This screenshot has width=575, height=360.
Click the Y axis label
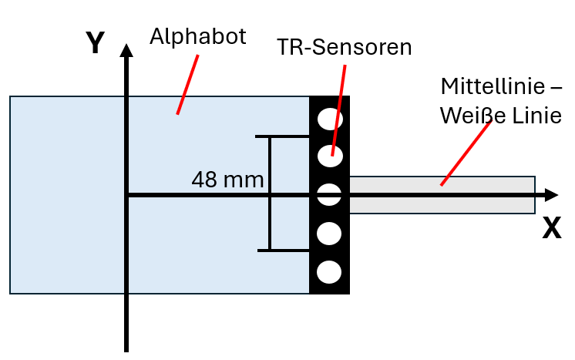[95, 43]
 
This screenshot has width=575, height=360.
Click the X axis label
[551, 227]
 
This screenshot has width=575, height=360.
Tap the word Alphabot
[198, 36]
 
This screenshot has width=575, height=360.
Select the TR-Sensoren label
[345, 48]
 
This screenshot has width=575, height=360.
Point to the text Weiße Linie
[499, 115]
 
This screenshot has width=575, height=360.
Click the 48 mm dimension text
[227, 180]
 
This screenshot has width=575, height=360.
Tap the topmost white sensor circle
[330, 119]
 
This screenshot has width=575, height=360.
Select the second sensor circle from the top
[330, 155]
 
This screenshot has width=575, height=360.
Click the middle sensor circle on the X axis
[329, 194]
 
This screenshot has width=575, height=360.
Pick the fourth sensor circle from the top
[329, 232]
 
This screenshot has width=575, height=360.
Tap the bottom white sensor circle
[329, 271]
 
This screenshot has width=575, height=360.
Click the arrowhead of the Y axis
[126, 51]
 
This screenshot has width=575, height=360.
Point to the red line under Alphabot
[187, 85]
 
